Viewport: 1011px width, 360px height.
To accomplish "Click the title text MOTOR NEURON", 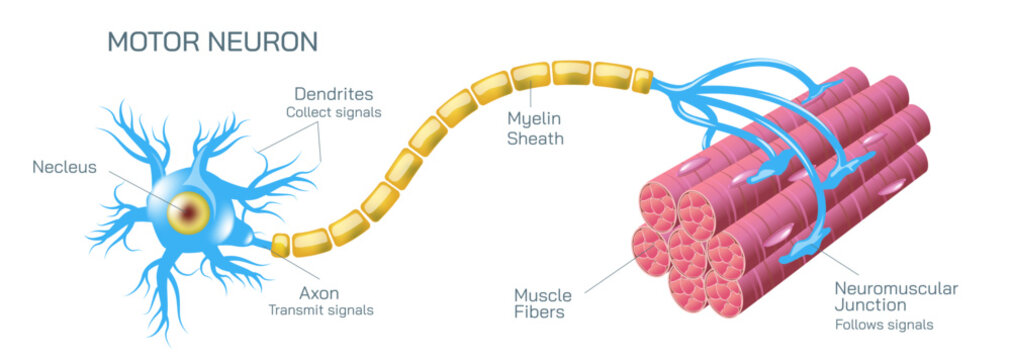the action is (x=212, y=41).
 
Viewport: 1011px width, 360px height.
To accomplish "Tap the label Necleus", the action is (x=64, y=167).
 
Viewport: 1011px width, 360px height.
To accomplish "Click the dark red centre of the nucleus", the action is (x=190, y=212).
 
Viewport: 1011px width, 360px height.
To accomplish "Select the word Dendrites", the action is (x=334, y=94).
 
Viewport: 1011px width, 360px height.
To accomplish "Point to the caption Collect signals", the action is (x=334, y=112).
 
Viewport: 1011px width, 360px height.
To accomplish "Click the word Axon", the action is (x=319, y=294).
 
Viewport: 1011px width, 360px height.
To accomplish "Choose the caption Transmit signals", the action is (x=321, y=310).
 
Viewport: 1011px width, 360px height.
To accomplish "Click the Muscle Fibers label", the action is (x=543, y=304).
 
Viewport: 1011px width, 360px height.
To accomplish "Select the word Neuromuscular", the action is (x=896, y=288).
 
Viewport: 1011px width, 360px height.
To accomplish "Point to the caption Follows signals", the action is (x=884, y=325).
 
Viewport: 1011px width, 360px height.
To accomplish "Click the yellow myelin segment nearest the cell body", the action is (x=280, y=246).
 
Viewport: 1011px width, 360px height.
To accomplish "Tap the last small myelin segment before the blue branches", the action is (x=642, y=80).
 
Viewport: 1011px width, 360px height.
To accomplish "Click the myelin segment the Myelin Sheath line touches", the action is (x=532, y=76).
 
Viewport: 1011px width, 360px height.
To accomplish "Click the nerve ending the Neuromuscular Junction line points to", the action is (x=804, y=246).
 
